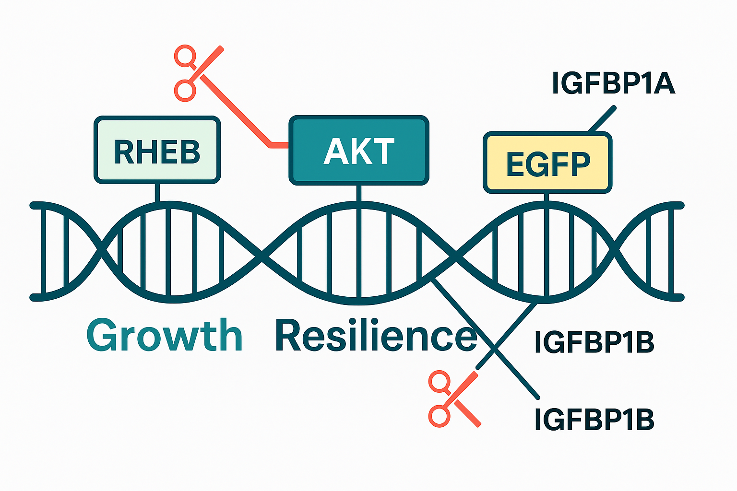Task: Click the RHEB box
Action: (157, 150)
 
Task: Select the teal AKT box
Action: (358, 150)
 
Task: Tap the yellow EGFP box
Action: (547, 163)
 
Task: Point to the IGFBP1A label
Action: (613, 83)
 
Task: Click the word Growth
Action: (165, 335)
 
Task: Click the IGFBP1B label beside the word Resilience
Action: (594, 342)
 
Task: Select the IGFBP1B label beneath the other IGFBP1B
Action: (594, 419)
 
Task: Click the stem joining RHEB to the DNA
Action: (157, 192)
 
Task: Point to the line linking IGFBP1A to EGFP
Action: (602, 118)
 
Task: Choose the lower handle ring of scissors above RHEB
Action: (185, 91)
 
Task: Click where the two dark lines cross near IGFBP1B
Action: (494, 347)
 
